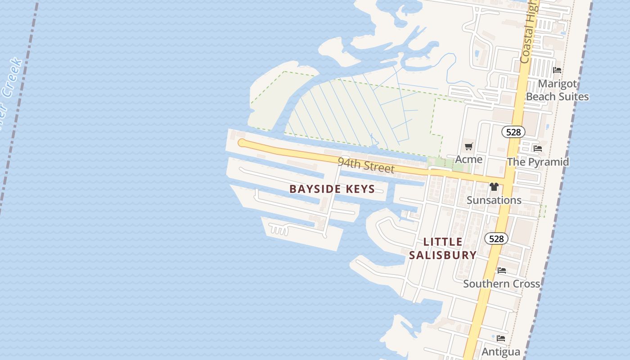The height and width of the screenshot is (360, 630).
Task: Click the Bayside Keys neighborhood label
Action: pyautogui.click(x=332, y=189)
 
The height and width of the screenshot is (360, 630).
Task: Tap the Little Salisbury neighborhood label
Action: pyautogui.click(x=443, y=248)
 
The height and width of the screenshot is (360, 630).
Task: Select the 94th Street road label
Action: pyautogui.click(x=366, y=165)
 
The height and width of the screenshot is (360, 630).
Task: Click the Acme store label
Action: pyautogui.click(x=468, y=159)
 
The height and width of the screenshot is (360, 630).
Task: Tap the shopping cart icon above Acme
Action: pyautogui.click(x=469, y=146)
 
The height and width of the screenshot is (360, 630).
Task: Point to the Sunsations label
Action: pyautogui.click(x=494, y=200)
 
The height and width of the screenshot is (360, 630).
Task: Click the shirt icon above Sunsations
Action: pyautogui.click(x=494, y=187)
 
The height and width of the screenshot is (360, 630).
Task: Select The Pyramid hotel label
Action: pyautogui.click(x=538, y=162)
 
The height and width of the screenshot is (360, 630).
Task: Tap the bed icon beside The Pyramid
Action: pyautogui.click(x=537, y=148)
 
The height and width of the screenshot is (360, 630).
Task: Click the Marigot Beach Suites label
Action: pyautogui.click(x=557, y=90)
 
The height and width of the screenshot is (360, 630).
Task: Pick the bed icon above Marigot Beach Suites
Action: pyautogui.click(x=557, y=70)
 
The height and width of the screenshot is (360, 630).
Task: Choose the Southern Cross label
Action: pyautogui.click(x=501, y=283)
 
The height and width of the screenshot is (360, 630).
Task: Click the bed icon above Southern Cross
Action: pyautogui.click(x=502, y=270)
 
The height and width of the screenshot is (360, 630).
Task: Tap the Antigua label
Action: pyautogui.click(x=501, y=351)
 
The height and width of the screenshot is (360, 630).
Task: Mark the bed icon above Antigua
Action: pyautogui.click(x=501, y=338)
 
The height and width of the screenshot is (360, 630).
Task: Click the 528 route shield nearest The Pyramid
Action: pyautogui.click(x=513, y=132)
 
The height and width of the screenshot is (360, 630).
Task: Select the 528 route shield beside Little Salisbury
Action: pyautogui.click(x=496, y=238)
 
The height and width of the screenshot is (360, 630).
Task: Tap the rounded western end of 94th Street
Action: pyautogui.click(x=242, y=143)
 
